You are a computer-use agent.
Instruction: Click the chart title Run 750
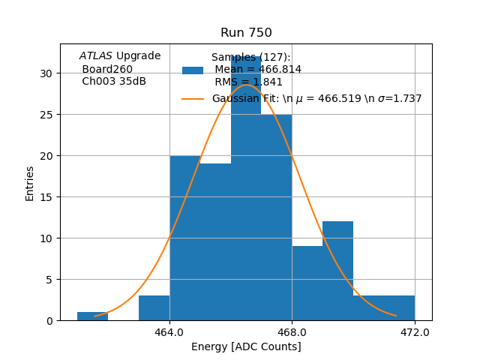click(x=246, y=33)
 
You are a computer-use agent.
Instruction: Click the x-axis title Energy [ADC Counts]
click(x=246, y=346)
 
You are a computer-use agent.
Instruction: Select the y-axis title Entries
click(x=30, y=183)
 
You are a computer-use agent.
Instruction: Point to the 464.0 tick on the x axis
click(x=169, y=331)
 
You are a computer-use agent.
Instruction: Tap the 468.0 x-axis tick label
click(x=292, y=331)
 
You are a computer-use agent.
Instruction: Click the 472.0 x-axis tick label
click(x=415, y=331)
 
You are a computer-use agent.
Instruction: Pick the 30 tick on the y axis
click(x=46, y=73)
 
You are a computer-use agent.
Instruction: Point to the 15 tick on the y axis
click(x=46, y=197)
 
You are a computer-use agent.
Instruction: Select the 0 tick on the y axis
click(x=49, y=321)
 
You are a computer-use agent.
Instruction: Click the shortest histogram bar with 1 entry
click(x=92, y=316)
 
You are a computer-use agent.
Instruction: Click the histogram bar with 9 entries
click(x=307, y=285)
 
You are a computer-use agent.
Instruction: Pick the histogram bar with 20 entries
click(x=184, y=240)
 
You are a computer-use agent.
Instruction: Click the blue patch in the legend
click(x=193, y=70)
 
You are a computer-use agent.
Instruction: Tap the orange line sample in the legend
click(x=193, y=99)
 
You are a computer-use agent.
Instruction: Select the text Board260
click(x=107, y=69)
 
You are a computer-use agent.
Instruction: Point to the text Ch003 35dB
click(x=114, y=82)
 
